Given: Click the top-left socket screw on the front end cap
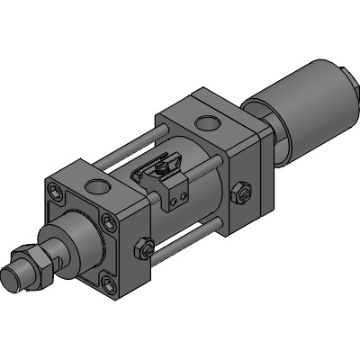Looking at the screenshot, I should coord(58,193).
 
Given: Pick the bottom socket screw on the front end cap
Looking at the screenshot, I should coord(110,285).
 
